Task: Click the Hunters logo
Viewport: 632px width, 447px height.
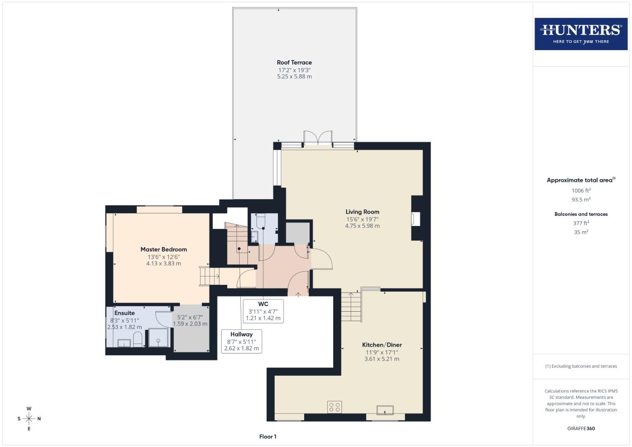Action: [x=581, y=34]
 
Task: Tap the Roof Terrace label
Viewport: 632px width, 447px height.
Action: [x=294, y=62]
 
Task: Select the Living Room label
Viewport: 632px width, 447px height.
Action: [x=362, y=212]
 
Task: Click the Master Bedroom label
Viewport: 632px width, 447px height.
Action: [x=163, y=250]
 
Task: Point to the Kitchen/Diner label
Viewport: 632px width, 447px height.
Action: [x=382, y=345]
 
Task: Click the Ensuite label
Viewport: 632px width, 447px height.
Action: [x=125, y=313]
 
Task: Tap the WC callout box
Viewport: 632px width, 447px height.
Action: [x=263, y=311]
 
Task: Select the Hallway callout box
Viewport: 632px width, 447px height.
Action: [x=241, y=341]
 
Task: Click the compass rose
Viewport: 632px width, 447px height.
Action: [x=29, y=418]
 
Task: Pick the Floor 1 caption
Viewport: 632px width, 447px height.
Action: [x=268, y=437]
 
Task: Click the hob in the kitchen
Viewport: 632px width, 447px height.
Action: [x=334, y=407]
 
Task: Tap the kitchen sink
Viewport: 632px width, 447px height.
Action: [x=385, y=410]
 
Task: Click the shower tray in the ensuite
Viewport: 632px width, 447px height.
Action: [x=159, y=337]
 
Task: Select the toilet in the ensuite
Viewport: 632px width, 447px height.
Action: [x=138, y=339]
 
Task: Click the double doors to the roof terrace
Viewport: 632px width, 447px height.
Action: [x=318, y=138]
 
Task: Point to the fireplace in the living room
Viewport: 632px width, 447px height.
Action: [x=416, y=219]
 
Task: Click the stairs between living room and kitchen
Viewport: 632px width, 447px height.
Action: [x=351, y=307]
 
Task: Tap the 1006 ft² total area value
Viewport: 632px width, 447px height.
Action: [x=581, y=191]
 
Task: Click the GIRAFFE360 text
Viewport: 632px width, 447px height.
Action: [x=581, y=428]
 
